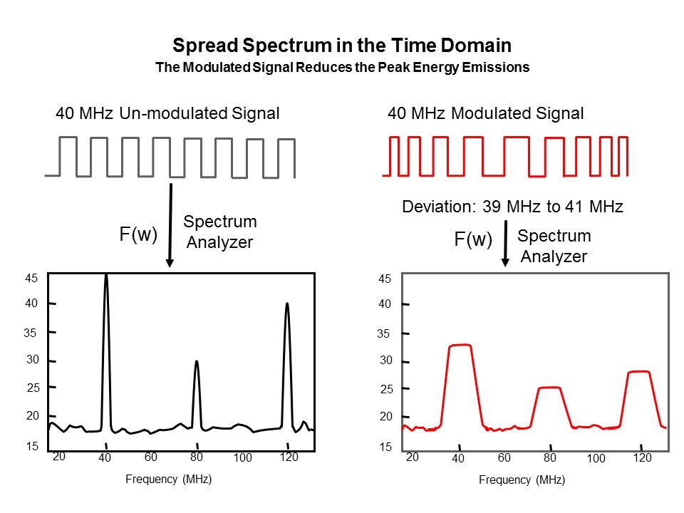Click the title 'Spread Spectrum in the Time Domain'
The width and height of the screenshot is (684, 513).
pos(342,46)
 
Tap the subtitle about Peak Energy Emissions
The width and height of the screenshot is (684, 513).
pos(342,68)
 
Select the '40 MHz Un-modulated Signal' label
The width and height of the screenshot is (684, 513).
pos(167,113)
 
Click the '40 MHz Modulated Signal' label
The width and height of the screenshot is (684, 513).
pos(485,113)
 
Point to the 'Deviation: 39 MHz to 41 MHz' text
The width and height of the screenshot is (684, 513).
pos(513,207)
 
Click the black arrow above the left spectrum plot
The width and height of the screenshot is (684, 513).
pos(170,224)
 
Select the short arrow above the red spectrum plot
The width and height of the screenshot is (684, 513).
pos(505,242)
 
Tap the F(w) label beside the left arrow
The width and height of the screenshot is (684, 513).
pos(138,234)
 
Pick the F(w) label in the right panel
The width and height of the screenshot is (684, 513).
pos(473,240)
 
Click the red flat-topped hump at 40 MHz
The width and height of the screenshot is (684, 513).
pos(460,347)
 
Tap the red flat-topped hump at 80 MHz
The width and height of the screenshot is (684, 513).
pos(549,389)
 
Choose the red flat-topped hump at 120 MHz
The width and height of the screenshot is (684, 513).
pos(638,373)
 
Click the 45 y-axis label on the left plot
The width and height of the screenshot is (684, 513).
pos(32,279)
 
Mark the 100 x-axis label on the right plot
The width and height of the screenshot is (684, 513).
pos(596,458)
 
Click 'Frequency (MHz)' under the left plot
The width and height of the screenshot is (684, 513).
pos(168,479)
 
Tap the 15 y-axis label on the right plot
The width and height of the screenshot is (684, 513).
pos(385,447)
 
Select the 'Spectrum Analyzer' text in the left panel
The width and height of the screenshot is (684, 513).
pos(220,232)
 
